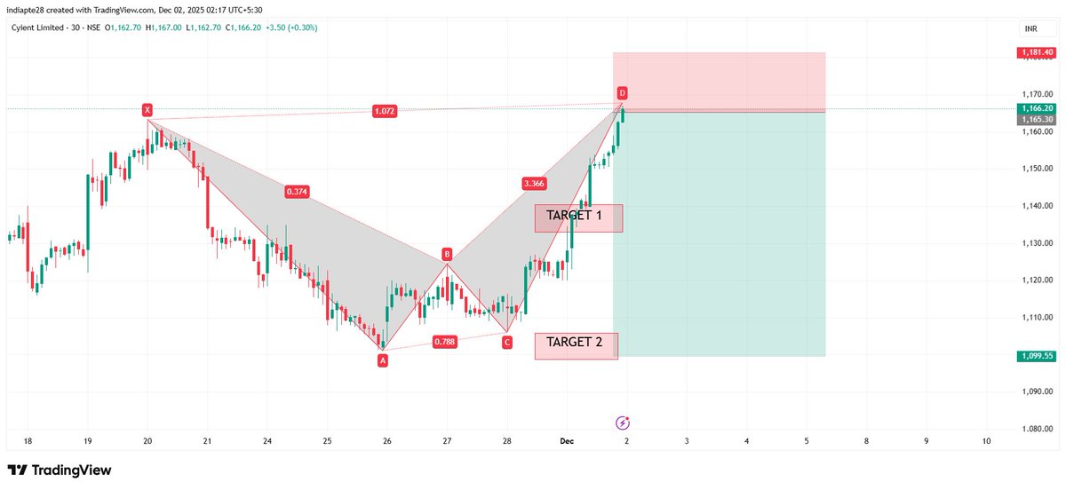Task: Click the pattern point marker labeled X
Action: point(147,110)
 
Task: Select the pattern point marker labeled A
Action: point(383,360)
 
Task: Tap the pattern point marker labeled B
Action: point(448,255)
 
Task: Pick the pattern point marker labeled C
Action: point(507,342)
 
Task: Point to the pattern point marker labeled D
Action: point(623,93)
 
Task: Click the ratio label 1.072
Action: point(385,111)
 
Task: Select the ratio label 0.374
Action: point(298,192)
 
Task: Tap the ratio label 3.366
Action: point(534,184)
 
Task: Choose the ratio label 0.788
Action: point(445,342)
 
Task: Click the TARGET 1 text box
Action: point(578,217)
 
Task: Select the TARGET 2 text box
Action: point(576,345)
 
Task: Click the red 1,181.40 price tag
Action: point(1037,53)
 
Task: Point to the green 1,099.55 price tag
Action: point(1037,356)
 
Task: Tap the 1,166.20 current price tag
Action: point(1037,108)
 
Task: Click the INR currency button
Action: point(1031,28)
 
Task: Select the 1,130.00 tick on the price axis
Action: point(1037,243)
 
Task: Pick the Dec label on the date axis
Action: point(567,440)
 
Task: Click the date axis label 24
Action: point(267,440)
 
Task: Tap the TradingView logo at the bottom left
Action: point(60,470)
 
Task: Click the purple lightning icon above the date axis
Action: point(623,423)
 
